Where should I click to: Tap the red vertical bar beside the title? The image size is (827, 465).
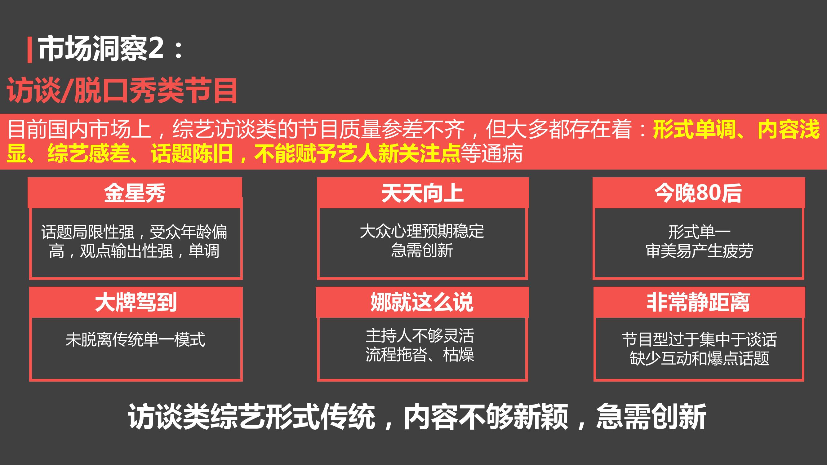tap(30, 49)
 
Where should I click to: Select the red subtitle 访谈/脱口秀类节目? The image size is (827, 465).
tap(122, 91)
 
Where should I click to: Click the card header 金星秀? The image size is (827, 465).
tap(135, 193)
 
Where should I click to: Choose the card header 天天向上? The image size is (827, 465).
tap(422, 193)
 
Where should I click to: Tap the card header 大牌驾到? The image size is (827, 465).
tap(136, 302)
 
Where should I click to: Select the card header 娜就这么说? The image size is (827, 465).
tap(422, 302)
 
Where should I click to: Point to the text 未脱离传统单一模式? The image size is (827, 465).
tap(136, 339)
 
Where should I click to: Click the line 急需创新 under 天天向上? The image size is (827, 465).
tap(422, 250)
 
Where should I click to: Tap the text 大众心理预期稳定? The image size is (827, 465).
tap(422, 231)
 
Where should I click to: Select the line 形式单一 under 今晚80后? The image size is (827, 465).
tap(699, 232)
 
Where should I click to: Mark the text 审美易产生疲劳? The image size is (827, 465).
tap(699, 250)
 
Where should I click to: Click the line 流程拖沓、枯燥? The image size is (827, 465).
tap(420, 355)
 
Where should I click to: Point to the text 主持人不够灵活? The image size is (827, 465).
tap(420, 336)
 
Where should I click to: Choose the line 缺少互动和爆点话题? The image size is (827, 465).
tap(699, 358)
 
